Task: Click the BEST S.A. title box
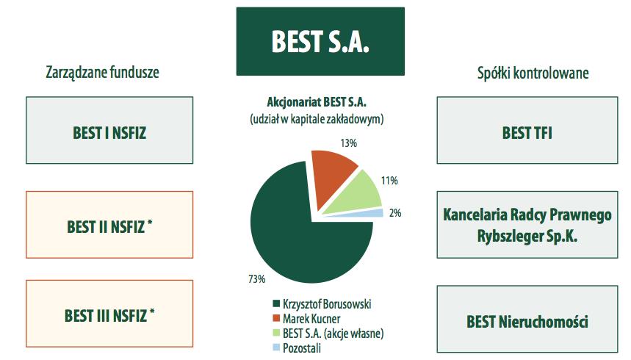click(320, 41)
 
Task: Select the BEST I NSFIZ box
click(109, 130)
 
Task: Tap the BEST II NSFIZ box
click(109, 225)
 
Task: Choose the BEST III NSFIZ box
click(109, 314)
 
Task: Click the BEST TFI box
click(527, 130)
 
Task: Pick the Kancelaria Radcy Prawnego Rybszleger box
click(527, 225)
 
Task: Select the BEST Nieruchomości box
click(527, 320)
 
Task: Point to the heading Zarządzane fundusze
click(102, 73)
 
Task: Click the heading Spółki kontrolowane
click(533, 73)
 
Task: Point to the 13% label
click(348, 143)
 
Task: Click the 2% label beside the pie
click(395, 212)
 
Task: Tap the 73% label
click(257, 278)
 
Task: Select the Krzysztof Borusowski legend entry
click(322, 303)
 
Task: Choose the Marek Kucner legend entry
click(306, 319)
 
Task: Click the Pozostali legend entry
click(297, 348)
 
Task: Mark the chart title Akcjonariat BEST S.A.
click(317, 102)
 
